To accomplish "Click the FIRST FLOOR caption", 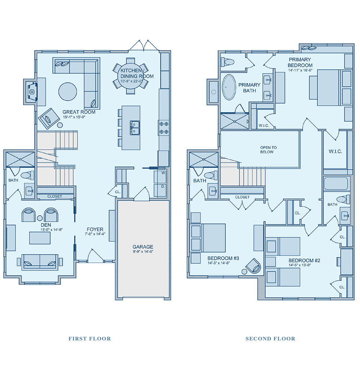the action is click(x=90, y=339).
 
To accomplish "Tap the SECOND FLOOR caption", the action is click(x=270, y=339).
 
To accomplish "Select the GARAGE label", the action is click(x=143, y=247).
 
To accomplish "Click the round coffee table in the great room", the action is click(x=68, y=91).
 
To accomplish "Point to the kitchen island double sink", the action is click(x=135, y=128).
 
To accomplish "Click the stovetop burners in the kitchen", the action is click(x=164, y=128).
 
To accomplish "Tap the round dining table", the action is click(x=130, y=76).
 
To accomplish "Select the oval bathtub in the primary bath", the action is click(x=229, y=87).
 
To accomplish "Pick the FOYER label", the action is click(x=95, y=230).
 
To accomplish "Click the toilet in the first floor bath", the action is click(x=27, y=175).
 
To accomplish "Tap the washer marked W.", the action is click(x=160, y=177).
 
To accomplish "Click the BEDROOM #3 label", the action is click(x=223, y=258).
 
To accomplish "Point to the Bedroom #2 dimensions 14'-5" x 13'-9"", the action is click(x=300, y=265).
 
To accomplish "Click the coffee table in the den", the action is click(x=40, y=238).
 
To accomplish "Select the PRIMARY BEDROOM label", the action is click(x=300, y=63).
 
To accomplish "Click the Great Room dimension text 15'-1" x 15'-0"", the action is click(x=74, y=117).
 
